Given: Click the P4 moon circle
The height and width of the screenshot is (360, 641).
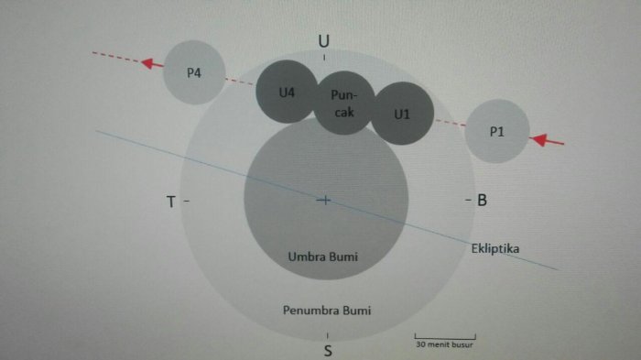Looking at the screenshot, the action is pos(194,72).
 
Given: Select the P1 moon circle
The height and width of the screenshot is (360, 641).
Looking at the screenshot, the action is pos(497,131).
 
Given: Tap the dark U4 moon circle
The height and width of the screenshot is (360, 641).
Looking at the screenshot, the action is pos(287,92).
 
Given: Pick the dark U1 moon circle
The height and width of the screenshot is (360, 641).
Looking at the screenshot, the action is pos(402,114).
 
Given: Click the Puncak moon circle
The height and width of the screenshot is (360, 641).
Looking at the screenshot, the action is pos(343,103).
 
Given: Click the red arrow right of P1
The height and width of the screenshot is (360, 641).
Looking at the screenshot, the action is pos(547,140).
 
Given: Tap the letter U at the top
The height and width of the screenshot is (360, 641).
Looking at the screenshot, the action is pos(324,41).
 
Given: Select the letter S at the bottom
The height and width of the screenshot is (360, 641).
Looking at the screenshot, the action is pos(328,351).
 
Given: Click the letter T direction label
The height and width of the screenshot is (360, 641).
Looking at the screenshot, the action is pos(171,202).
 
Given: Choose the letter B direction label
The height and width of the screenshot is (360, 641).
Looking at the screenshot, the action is pos(483,200).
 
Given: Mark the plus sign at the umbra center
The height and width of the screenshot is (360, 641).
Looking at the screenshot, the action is pos(324,200).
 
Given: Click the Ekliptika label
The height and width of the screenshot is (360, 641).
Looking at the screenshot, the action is pos(495,249).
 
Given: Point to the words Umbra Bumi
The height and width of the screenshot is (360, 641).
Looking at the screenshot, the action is pos(323,256).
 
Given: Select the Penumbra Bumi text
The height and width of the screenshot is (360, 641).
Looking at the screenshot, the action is pos(327,311).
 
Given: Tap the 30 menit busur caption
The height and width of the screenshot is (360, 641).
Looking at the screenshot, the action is pos(444,344).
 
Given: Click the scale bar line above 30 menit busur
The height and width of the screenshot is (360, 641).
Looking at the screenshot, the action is pos(445,338).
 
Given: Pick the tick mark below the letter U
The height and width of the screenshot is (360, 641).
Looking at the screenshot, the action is pos(324,58).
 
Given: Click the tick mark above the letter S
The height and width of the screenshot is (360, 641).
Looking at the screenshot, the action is pos(328,336).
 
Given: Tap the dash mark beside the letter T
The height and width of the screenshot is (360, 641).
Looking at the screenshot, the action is pos(187,201).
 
